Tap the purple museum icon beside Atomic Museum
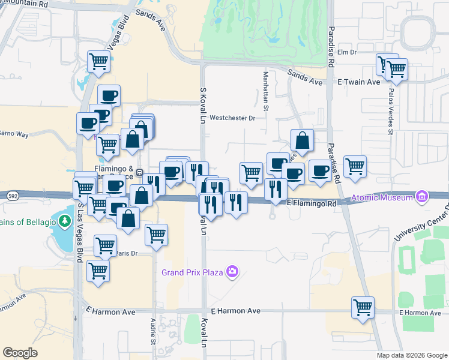(421, 197)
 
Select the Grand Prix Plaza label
(192, 272)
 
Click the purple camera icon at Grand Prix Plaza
(232, 272)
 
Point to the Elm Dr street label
(347, 52)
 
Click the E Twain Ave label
(358, 81)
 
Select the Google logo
(20, 352)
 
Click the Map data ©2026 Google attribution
(411, 355)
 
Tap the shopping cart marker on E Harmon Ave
(363, 307)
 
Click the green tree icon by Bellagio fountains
(63, 221)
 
